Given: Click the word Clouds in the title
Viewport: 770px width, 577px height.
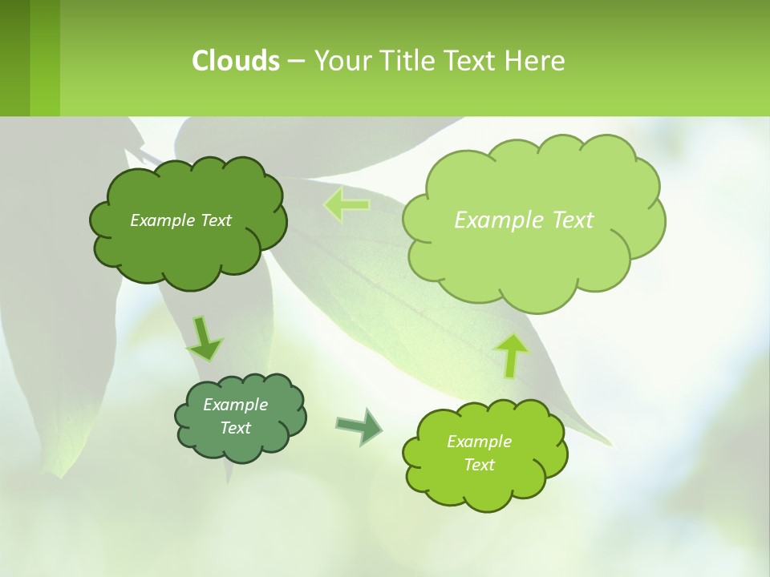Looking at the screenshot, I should pos(235,60).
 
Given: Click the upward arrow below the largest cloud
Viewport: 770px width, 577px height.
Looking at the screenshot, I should pos(513,355).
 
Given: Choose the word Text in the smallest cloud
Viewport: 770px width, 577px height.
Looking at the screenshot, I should pos(236,428).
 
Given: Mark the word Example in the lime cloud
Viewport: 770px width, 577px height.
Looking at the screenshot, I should pos(479,442).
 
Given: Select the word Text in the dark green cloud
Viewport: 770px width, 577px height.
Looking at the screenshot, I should pos(216,220).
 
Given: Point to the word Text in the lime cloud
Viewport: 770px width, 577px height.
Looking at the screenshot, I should pos(479,465).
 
